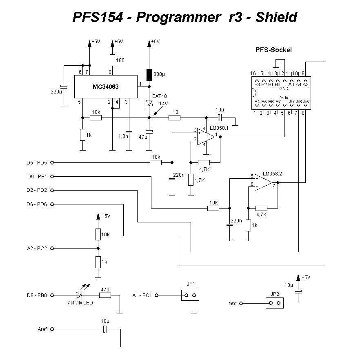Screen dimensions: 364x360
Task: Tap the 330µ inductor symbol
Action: (x=149, y=75)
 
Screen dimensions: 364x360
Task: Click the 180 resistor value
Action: (x=120, y=61)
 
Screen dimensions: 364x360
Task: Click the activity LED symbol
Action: (x=79, y=295)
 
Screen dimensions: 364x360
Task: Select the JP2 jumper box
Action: (x=274, y=303)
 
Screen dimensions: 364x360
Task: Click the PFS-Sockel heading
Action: (x=273, y=50)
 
